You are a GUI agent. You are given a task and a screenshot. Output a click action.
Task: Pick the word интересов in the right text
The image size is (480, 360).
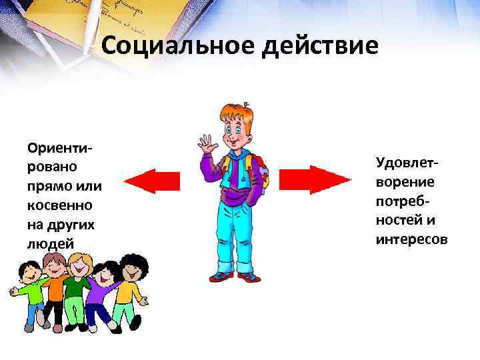point(411,238)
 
